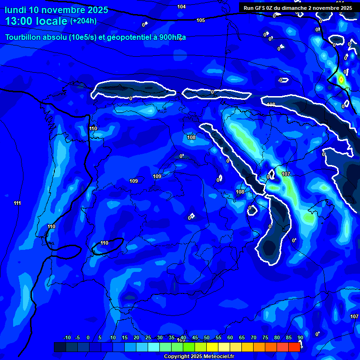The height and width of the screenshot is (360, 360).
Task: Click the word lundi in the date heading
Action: point(16,10)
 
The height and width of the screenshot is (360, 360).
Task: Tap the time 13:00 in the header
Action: point(19,21)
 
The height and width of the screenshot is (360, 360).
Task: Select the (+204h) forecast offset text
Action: point(83,21)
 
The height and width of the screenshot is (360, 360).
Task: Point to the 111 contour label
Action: point(17,203)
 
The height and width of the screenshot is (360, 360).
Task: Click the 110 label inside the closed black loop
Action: point(104,243)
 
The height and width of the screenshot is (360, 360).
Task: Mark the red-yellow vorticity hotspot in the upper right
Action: point(341,80)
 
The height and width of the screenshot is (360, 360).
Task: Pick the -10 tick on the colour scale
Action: point(67,338)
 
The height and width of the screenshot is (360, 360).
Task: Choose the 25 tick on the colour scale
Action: point(148,338)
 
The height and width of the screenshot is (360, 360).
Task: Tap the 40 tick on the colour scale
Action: point(183,338)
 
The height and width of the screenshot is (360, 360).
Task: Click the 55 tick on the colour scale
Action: point(218,338)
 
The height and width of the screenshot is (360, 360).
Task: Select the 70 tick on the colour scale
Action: point(254,338)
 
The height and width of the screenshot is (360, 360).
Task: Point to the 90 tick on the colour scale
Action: point(300,338)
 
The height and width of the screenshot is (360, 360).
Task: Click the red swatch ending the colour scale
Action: point(294,347)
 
